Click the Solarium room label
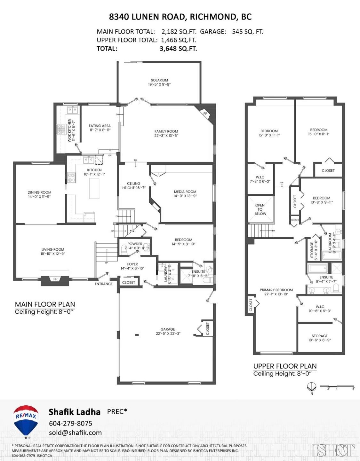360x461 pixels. [159, 82]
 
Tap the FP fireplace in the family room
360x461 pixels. [205, 113]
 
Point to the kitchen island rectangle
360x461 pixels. [94, 188]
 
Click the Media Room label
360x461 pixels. [185, 194]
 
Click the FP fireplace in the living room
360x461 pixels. [55, 279]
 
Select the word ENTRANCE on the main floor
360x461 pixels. [104, 284]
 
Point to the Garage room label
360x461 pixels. [168, 331]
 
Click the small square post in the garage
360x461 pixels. [137, 335]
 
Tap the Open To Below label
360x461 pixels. [260, 209]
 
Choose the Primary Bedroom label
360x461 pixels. [276, 292]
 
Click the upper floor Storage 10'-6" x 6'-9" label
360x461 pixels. [319, 338]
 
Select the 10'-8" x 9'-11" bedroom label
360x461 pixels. [322, 200]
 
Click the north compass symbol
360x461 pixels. [311, 387]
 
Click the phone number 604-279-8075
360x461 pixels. [70, 423]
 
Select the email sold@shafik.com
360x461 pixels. [75, 433]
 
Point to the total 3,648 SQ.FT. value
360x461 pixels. [178, 49]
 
